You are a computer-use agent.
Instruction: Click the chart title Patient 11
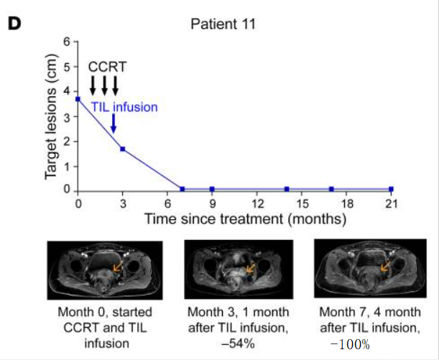(x=223, y=23)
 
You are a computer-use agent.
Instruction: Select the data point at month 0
(x=78, y=98)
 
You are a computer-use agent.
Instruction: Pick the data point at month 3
(x=123, y=149)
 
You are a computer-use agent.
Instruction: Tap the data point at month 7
(x=182, y=189)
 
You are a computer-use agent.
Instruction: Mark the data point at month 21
(x=392, y=189)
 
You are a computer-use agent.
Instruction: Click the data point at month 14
(x=287, y=189)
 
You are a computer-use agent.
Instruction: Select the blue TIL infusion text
(x=124, y=107)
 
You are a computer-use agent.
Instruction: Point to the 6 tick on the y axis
(x=66, y=41)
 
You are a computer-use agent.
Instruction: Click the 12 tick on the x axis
(x=257, y=203)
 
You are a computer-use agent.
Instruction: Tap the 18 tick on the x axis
(x=346, y=203)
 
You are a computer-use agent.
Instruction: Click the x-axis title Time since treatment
(x=244, y=217)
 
